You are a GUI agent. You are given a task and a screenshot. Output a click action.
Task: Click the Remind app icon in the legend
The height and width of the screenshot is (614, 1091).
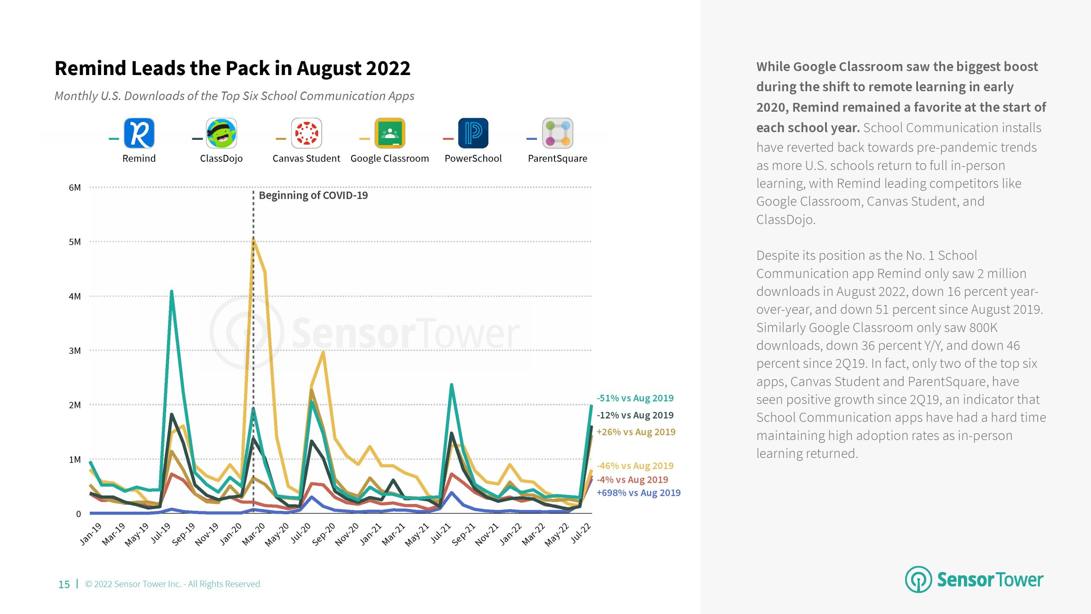pos(139,133)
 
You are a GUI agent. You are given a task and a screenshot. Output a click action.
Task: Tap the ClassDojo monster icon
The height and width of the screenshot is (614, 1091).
pos(221,133)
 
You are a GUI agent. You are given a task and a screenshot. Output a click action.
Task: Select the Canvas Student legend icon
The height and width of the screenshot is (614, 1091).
pos(306,133)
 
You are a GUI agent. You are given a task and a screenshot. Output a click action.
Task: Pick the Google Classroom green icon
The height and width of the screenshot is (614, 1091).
pos(390,133)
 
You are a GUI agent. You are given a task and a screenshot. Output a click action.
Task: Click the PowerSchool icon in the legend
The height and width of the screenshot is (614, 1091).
pos(473,133)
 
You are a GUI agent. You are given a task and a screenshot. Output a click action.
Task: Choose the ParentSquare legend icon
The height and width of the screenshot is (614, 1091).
pos(557,133)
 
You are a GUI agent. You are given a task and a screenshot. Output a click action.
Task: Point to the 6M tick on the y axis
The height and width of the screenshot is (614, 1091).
pos(75,188)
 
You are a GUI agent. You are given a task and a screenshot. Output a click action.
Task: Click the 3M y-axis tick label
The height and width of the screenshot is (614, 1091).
pos(75,351)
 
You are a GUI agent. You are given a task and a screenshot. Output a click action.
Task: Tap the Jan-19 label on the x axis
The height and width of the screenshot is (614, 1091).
pos(91,534)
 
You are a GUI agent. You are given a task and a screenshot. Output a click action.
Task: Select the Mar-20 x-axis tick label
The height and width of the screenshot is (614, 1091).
pos(254,534)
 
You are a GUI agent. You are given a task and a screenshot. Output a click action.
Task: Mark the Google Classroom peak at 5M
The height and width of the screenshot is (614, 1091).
pos(254,240)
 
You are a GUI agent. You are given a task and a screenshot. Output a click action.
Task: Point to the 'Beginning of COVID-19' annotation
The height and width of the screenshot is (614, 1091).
pos(313,195)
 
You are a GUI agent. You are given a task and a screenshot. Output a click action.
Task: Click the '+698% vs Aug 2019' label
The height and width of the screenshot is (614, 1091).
pos(638,493)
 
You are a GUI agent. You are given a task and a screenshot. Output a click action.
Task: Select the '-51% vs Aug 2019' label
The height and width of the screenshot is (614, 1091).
pos(635,398)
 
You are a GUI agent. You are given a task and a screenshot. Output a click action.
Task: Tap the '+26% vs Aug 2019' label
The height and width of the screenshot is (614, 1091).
pos(636,432)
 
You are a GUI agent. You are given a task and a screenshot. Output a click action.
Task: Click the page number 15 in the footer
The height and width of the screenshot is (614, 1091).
pos(64,584)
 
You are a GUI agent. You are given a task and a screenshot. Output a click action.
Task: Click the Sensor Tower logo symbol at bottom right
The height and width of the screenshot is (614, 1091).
pos(918,579)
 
